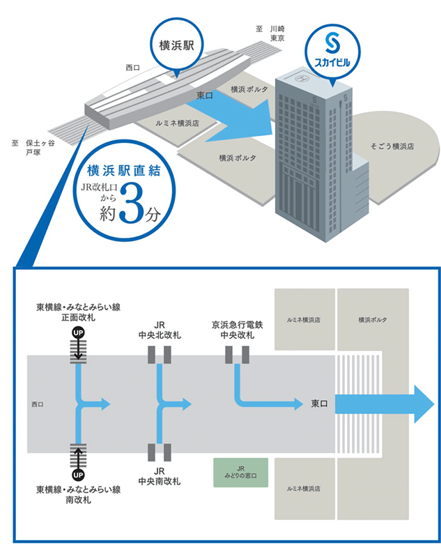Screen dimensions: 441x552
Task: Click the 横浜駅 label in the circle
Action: (x=176, y=45)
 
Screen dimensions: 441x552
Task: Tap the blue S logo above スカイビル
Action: (x=332, y=43)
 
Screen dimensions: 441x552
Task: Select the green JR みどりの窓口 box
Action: (x=241, y=473)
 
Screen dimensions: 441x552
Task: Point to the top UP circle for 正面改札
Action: (x=78, y=332)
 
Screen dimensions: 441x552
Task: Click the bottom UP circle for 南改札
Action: (x=78, y=475)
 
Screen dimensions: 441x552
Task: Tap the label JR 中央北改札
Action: (x=160, y=330)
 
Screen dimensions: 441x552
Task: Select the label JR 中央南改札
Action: (x=160, y=476)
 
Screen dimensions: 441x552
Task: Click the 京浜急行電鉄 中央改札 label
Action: (x=237, y=330)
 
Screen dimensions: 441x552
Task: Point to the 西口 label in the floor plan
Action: (x=38, y=404)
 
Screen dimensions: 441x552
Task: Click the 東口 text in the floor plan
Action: (x=319, y=404)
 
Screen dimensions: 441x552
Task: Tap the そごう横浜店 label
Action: (x=392, y=146)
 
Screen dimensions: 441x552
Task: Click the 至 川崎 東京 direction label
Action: (x=270, y=33)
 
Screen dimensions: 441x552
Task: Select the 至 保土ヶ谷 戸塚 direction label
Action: (x=33, y=148)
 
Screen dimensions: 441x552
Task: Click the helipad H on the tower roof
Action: (x=300, y=78)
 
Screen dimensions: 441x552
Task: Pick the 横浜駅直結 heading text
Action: (x=124, y=171)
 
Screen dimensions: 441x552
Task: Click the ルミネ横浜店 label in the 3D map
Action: (x=177, y=123)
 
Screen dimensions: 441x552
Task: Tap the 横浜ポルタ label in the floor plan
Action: (x=373, y=320)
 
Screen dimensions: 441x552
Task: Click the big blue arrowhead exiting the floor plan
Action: (x=424, y=404)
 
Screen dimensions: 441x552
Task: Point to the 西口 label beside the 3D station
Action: (x=132, y=68)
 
